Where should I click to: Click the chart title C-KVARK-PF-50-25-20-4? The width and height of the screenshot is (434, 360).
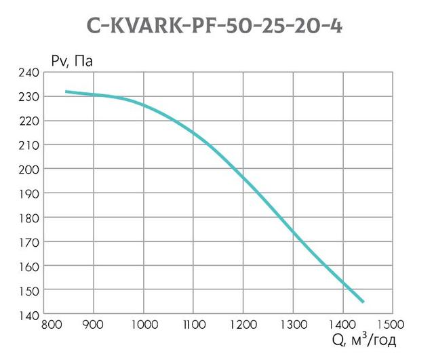coord(216,25)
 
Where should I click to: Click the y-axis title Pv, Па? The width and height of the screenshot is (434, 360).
coord(71,62)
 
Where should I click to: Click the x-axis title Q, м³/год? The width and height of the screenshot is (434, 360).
coord(363,340)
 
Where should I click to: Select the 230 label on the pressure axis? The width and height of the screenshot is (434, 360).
coord(29,97)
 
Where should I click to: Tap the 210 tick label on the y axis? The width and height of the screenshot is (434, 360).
coord(29,145)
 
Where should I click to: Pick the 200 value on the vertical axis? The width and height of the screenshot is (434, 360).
coord(29,169)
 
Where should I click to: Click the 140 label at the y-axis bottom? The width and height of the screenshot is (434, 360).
coord(29,315)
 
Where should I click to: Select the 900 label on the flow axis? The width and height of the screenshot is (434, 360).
coord(94,324)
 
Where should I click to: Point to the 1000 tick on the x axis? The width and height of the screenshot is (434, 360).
coord(143,324)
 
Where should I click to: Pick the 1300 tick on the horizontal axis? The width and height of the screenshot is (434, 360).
coord(292,324)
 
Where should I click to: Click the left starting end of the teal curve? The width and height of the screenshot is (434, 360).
coord(66,91)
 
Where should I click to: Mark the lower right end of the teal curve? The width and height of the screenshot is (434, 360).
coord(363,302)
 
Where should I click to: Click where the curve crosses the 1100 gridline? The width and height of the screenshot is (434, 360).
coord(193,132)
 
